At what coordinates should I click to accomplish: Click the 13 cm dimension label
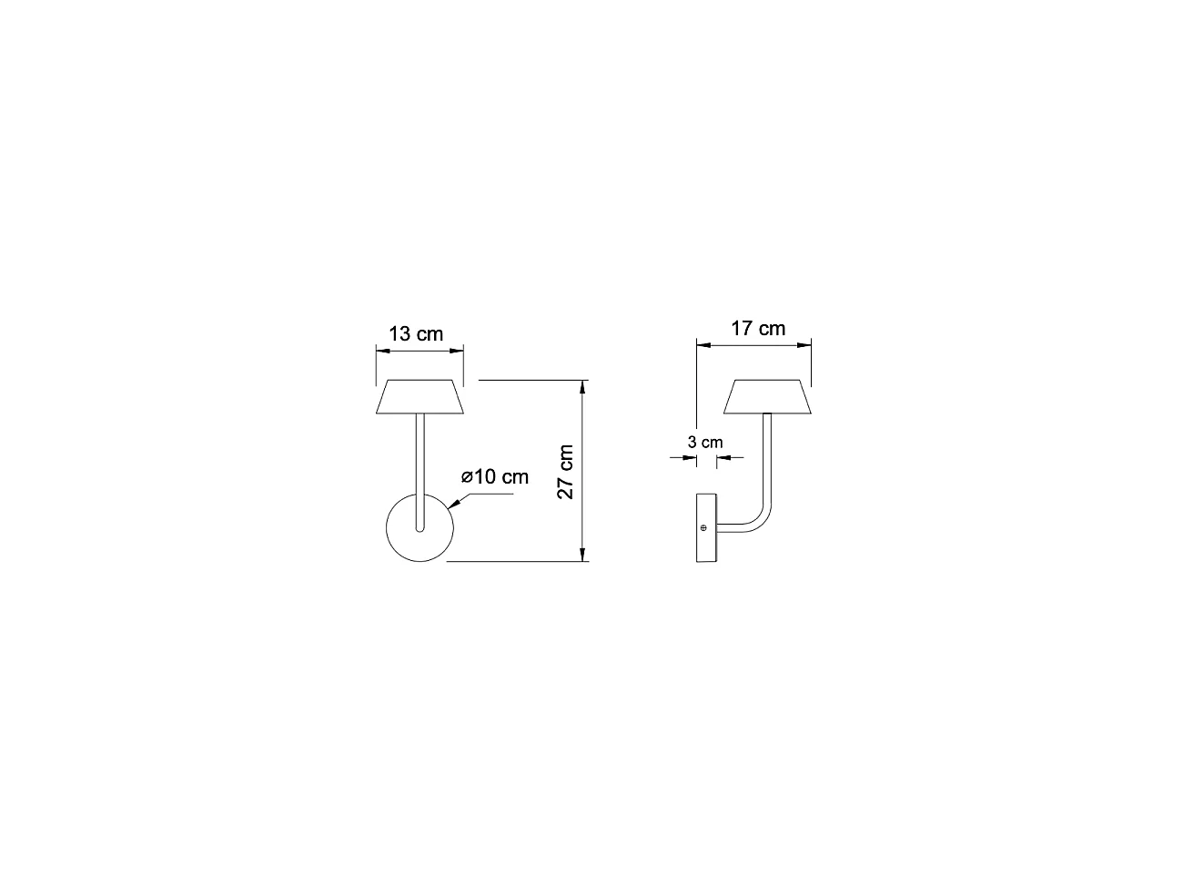pos(416,333)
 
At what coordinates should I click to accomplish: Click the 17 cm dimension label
pos(758,328)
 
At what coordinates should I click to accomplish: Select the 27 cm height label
pos(565,472)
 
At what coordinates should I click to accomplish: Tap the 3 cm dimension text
pos(705,443)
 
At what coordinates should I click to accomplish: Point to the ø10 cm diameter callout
pos(494,476)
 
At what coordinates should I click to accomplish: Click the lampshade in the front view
pos(420,396)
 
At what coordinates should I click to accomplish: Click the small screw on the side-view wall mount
pos(703,527)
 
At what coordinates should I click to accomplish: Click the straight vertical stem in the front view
pos(419,464)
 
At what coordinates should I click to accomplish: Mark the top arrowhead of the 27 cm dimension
pos(582,385)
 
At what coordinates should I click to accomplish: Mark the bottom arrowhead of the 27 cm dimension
pos(582,556)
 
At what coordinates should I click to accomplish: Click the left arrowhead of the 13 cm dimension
pos(380,346)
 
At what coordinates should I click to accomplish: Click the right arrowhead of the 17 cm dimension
pos(806,343)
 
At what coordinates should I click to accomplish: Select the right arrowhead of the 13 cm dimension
pos(460,346)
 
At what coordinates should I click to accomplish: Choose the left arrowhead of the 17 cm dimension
pos(701,343)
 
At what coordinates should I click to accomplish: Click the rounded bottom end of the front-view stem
pos(419,529)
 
